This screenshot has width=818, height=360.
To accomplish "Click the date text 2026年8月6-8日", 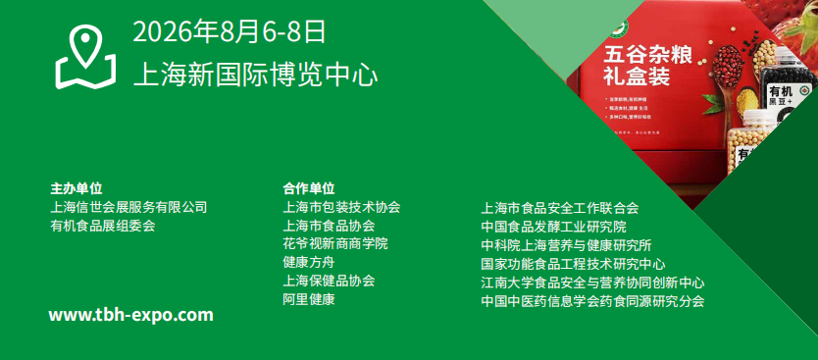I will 229,31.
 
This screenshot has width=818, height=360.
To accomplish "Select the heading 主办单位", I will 77,187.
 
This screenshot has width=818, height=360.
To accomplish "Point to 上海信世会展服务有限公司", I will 128,207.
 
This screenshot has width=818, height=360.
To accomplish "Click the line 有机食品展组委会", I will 103,226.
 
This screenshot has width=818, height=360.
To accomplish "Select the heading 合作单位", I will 308,187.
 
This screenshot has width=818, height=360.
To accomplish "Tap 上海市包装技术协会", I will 341,207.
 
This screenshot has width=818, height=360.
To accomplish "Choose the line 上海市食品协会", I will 329,226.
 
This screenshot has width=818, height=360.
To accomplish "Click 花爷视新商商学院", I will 334,243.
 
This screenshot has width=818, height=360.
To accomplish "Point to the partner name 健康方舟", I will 308,262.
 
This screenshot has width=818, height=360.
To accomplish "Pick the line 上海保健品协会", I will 329,281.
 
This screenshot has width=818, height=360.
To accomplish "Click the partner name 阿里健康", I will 308,298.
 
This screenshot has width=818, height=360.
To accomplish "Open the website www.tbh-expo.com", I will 130,315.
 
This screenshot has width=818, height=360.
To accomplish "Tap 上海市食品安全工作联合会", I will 560,208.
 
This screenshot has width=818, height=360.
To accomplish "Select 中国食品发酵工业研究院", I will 553,227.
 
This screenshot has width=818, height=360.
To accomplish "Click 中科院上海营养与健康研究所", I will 566,245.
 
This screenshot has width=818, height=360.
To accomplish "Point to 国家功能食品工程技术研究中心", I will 573,264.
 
